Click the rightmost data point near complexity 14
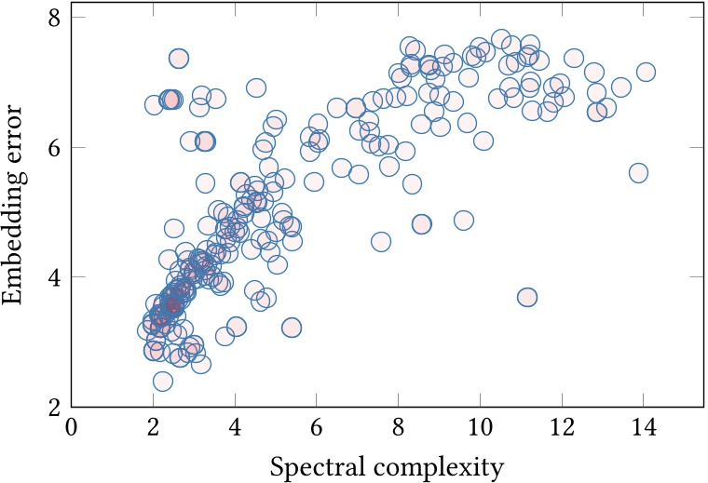coord(646,72)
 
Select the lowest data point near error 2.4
coord(163,381)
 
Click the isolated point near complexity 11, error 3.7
coord(527,297)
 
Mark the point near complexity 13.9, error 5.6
coord(638,173)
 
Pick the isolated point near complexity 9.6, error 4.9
coord(463,221)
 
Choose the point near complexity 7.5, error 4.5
coord(380,242)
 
